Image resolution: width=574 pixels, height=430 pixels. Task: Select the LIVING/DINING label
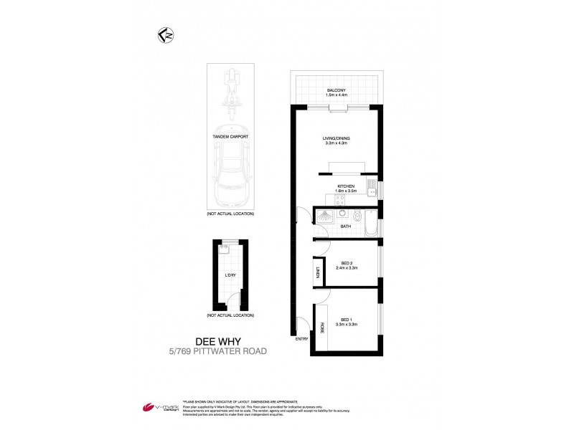(336, 140)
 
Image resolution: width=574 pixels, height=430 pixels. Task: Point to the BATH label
(346, 226)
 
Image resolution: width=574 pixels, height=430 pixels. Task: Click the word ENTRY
(302, 339)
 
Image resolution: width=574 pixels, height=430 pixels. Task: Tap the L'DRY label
(230, 275)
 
